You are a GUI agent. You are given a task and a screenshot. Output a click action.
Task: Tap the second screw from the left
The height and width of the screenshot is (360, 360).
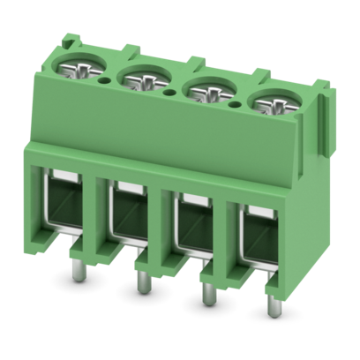click(x=139, y=84)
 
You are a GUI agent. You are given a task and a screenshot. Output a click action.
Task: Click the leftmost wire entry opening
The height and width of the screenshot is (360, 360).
click(x=64, y=207)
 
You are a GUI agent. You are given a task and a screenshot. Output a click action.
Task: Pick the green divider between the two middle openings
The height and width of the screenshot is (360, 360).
click(x=161, y=231)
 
